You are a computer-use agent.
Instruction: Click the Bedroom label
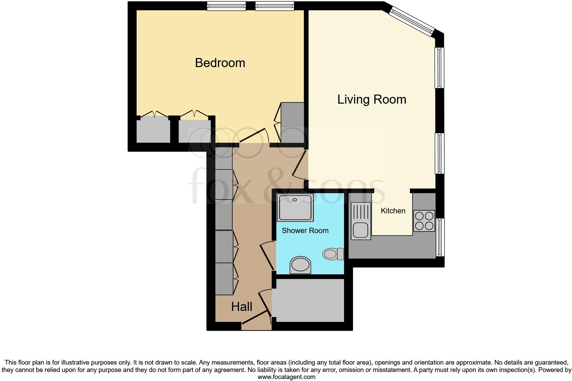(x=220, y=63)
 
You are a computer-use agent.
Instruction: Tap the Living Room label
(x=372, y=100)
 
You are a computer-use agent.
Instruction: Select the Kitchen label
(x=393, y=211)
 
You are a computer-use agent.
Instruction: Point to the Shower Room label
(x=305, y=231)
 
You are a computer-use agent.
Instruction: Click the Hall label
(x=241, y=307)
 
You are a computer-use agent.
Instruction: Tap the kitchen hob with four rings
(x=424, y=221)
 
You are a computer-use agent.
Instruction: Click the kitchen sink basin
(x=360, y=230)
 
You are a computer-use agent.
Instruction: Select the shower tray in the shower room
(x=295, y=207)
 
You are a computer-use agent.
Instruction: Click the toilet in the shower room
(x=333, y=254)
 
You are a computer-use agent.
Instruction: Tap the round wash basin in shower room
(x=300, y=265)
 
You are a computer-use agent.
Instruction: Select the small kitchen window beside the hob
(x=440, y=237)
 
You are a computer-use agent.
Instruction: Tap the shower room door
(x=268, y=256)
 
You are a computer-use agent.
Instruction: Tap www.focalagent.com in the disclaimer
(x=286, y=377)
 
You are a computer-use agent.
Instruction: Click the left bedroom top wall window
(x=226, y=6)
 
